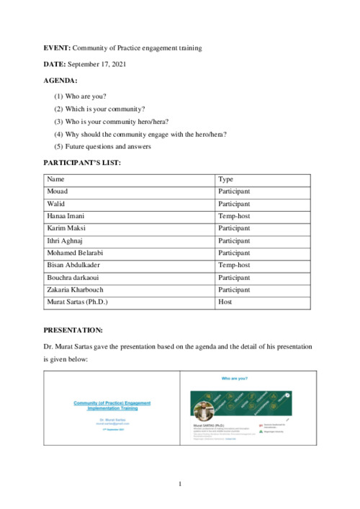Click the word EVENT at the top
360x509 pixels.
pyautogui.click(x=57, y=48)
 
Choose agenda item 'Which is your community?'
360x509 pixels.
pyautogui.click(x=104, y=108)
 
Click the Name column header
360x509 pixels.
pyautogui.click(x=56, y=179)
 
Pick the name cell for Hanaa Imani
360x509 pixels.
pyautogui.click(x=68, y=216)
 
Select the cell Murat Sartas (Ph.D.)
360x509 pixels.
pyautogui.click(x=77, y=302)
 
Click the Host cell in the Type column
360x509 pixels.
pyautogui.click(x=225, y=302)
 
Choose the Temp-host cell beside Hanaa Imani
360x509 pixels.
pyautogui.click(x=234, y=216)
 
